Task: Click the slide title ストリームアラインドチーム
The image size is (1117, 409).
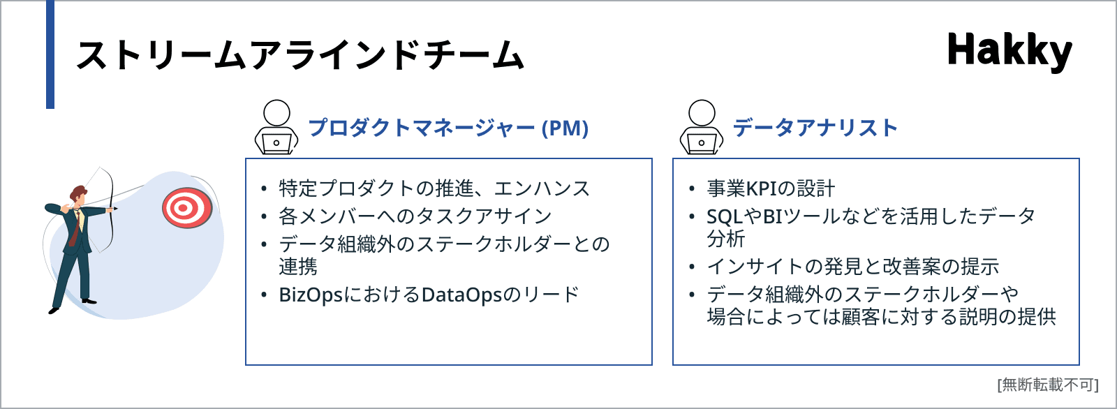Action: (300, 54)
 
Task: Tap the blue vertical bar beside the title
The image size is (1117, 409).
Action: (50, 54)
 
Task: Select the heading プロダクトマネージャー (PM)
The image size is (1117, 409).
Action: (448, 128)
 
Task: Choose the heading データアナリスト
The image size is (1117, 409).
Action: (815, 128)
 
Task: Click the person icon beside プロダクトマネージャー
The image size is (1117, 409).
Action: (276, 127)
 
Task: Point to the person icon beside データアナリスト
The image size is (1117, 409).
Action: (701, 127)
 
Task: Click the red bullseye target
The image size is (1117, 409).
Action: (187, 208)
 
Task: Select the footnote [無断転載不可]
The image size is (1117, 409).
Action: (1048, 385)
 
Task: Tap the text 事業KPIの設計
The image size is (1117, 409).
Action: (771, 188)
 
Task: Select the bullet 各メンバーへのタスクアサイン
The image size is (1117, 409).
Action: (415, 216)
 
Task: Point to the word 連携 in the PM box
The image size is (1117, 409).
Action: (297, 267)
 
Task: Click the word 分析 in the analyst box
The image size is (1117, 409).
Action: (725, 239)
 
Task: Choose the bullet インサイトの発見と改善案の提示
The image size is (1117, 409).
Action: (852, 267)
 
